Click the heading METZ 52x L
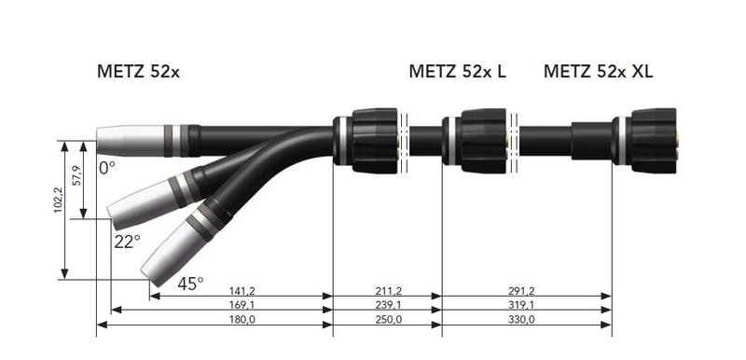(x=457, y=71)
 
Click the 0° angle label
(x=107, y=169)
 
